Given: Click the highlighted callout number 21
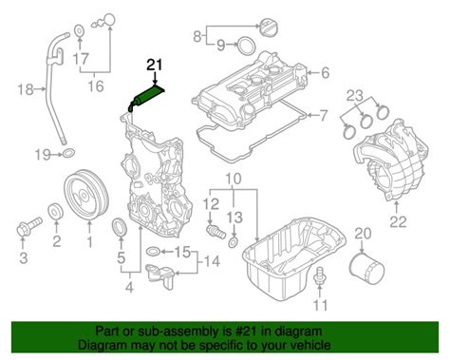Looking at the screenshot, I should point(154,66).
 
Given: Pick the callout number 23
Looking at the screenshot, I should point(353,94).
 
